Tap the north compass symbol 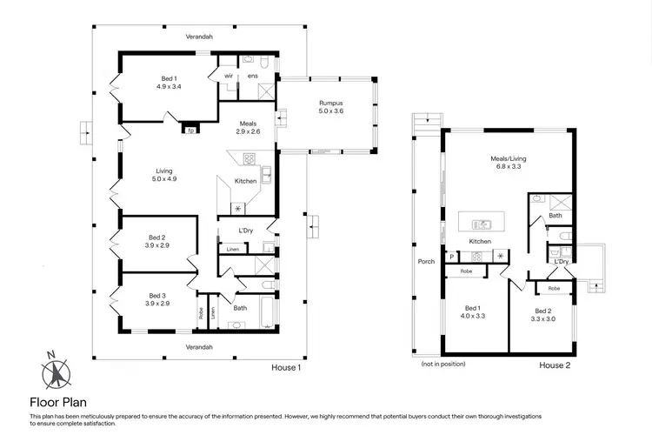pyautogui.click(x=54, y=373)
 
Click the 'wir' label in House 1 pyautogui.click(x=229, y=77)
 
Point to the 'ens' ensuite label pyautogui.click(x=253, y=77)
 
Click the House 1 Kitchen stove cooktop pyautogui.click(x=249, y=159)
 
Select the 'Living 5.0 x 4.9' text pyautogui.click(x=164, y=174)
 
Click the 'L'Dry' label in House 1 pyautogui.click(x=245, y=231)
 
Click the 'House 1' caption pyautogui.click(x=286, y=367)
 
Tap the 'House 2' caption pyautogui.click(x=555, y=365)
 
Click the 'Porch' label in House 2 pyautogui.click(x=426, y=260)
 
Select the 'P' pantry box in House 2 pyautogui.click(x=453, y=256)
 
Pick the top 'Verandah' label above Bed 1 pyautogui.click(x=199, y=37)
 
